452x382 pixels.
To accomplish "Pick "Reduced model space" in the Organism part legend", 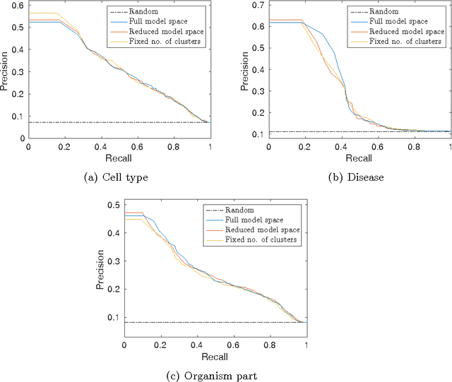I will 263,230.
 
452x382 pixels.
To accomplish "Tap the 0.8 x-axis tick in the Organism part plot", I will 270,345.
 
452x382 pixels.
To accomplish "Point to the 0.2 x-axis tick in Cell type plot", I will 64,146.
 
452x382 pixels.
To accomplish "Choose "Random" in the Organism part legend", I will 239,210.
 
